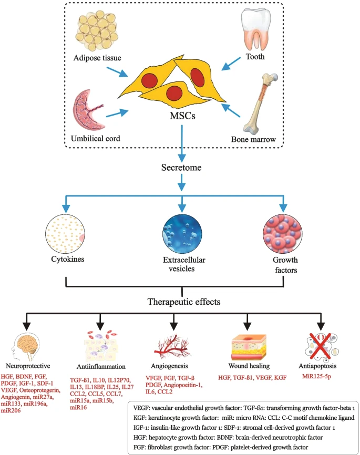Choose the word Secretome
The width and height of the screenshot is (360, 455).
click(x=181, y=169)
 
